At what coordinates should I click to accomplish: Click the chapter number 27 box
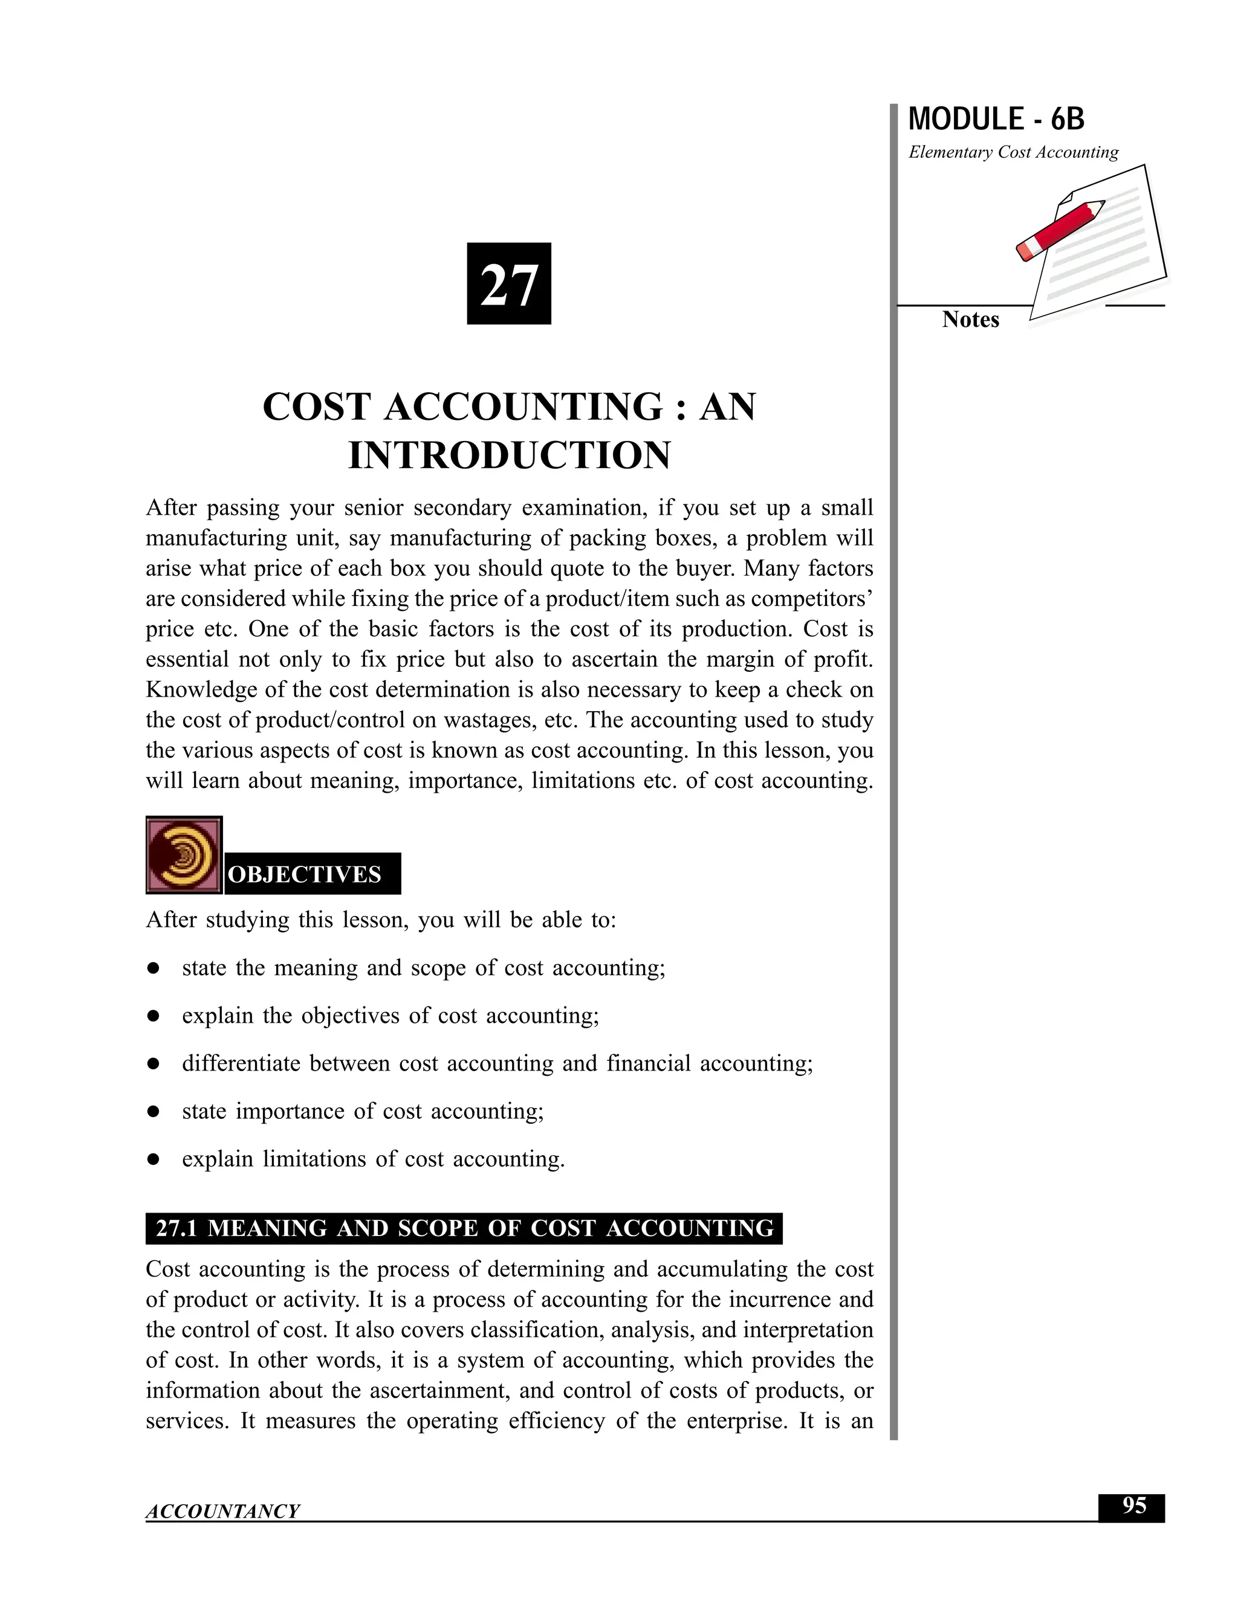(x=508, y=284)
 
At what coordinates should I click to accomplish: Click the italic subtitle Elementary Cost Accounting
(x=1013, y=152)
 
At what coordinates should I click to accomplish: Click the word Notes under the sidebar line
(x=970, y=320)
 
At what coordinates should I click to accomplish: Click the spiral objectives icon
(x=183, y=855)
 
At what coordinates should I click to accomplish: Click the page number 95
(x=1133, y=1506)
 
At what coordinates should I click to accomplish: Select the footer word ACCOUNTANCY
(x=222, y=1512)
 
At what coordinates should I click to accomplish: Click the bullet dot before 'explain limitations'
(x=154, y=1160)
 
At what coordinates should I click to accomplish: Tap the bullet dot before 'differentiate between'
(x=154, y=1065)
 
